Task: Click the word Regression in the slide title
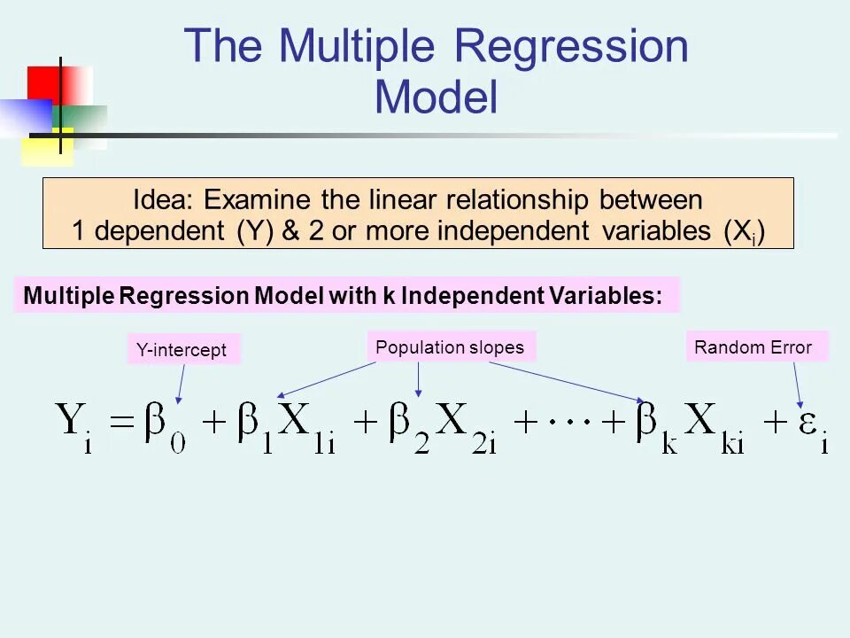(x=572, y=46)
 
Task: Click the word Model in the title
(x=436, y=97)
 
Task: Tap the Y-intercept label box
(x=182, y=350)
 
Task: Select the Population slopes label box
(x=450, y=347)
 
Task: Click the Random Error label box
(x=753, y=347)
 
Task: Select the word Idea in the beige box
(x=163, y=199)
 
